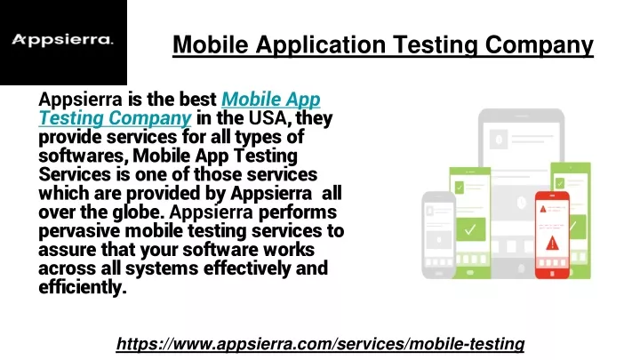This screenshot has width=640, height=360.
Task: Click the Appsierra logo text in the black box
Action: [x=62, y=40]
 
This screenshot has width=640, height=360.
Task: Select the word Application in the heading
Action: [x=320, y=44]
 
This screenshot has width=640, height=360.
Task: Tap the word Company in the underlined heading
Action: [x=540, y=44]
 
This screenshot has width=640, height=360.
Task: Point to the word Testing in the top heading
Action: [x=435, y=44]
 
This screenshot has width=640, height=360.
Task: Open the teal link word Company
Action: [x=150, y=118]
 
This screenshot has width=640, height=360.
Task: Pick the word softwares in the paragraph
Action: [x=83, y=156]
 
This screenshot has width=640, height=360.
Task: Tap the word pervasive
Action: [x=79, y=231]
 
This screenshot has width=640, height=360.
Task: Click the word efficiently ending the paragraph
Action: [x=83, y=287]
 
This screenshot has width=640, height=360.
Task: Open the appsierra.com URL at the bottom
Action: [x=320, y=344]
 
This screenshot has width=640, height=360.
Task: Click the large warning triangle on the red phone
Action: [x=552, y=243]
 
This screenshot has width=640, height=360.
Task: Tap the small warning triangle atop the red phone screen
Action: [x=543, y=209]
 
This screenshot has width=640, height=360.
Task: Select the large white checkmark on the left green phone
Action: [x=470, y=229]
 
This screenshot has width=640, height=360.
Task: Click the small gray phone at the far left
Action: [x=438, y=235]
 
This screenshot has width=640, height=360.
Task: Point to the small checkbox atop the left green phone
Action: [x=460, y=187]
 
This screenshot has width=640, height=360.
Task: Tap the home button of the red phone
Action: [x=552, y=274]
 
